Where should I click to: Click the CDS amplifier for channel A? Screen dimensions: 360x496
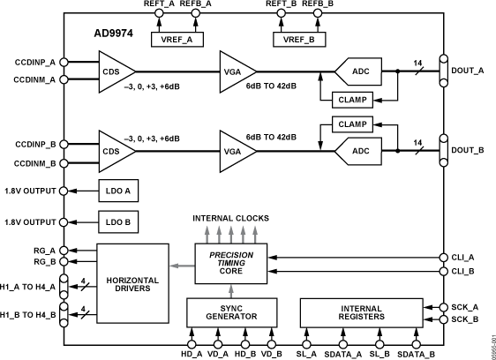point(114,71)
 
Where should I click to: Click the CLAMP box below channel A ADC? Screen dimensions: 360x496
point(350,100)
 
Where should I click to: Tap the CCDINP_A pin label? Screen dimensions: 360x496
point(34,63)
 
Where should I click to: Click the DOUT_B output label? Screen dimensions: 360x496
point(468,151)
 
